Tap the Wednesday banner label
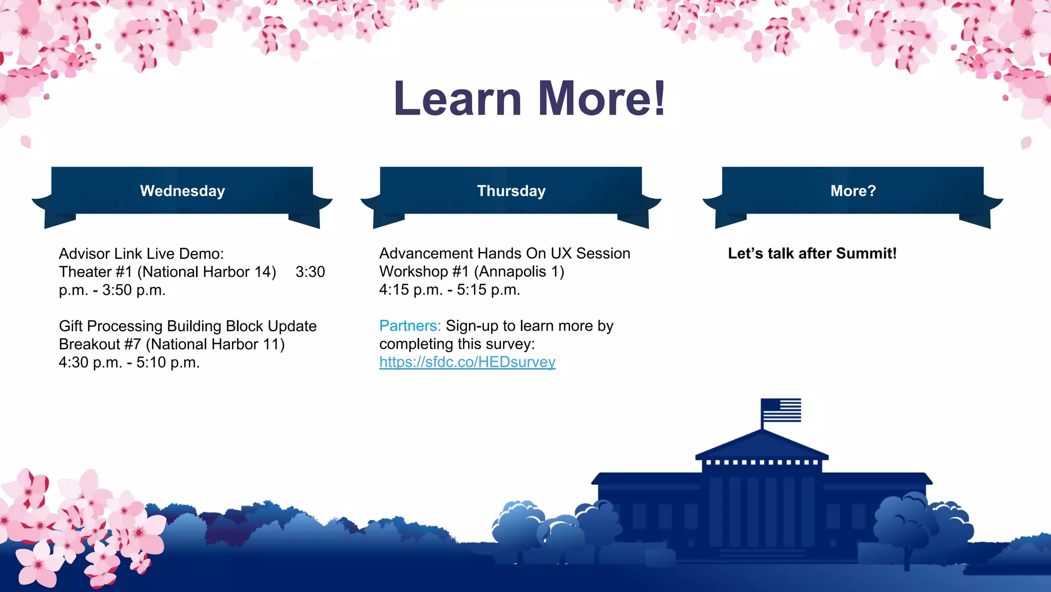(x=182, y=191)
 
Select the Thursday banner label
(x=511, y=191)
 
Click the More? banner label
(x=853, y=191)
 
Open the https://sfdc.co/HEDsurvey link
(x=467, y=362)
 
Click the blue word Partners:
(x=410, y=326)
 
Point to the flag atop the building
(x=781, y=410)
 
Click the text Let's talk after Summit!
(x=812, y=254)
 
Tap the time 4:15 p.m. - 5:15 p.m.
(x=450, y=290)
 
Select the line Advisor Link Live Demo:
(x=141, y=254)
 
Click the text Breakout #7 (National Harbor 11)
(x=171, y=344)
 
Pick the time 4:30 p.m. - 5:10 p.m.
(x=129, y=362)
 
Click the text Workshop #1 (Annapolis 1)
(x=471, y=272)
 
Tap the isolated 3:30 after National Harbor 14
(x=310, y=272)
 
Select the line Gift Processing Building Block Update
(x=187, y=326)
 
